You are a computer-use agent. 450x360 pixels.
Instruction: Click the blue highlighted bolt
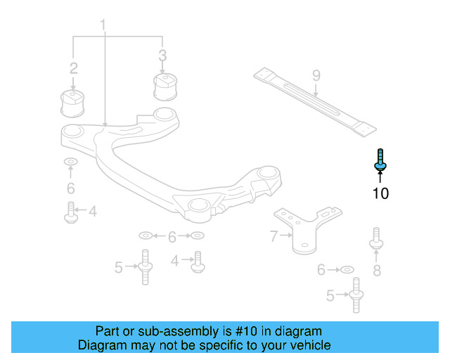pyautogui.click(x=380, y=160)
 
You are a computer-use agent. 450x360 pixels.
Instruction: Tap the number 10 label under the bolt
pyautogui.click(x=380, y=193)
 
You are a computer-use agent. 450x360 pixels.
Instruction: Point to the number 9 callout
pyautogui.click(x=316, y=75)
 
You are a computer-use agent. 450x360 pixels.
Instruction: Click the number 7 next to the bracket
pyautogui.click(x=274, y=237)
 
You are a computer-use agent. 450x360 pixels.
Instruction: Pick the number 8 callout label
pyautogui.click(x=377, y=270)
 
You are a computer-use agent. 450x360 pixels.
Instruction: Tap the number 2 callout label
pyautogui.click(x=73, y=68)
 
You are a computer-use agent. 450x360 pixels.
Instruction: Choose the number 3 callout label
pyautogui.click(x=162, y=55)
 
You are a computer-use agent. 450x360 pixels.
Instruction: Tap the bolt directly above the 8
pyautogui.click(x=376, y=239)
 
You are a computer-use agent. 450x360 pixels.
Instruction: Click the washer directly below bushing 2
pyautogui.click(x=71, y=164)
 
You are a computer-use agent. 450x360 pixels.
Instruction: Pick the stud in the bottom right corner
pyautogui.click(x=356, y=295)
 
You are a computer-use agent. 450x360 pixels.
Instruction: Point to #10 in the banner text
pyautogui.click(x=250, y=331)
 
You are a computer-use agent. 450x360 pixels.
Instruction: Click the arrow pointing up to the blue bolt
pyautogui.click(x=380, y=176)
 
